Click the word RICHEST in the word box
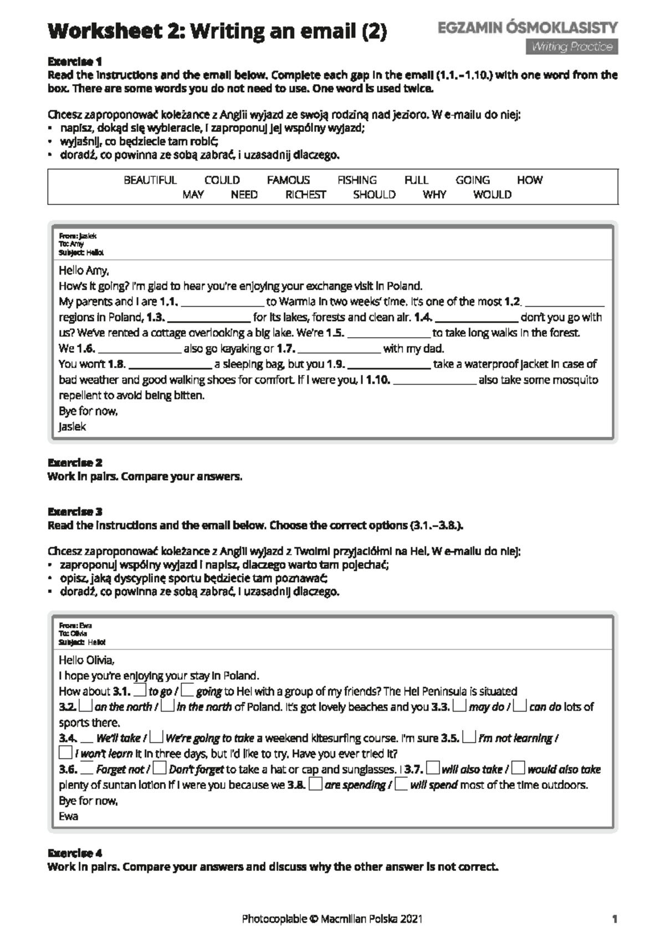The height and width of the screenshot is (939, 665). click(x=305, y=195)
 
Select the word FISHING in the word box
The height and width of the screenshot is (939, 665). click(x=357, y=180)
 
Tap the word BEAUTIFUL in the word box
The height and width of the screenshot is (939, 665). click(x=150, y=180)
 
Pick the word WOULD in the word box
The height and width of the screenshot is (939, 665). click(x=492, y=195)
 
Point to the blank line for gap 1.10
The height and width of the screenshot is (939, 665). click(x=434, y=381)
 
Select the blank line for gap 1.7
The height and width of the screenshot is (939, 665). click(x=339, y=349)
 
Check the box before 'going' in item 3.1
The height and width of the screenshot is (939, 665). click(x=187, y=691)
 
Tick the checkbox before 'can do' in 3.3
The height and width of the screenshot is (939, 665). click(x=519, y=706)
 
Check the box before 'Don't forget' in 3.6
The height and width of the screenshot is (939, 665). click(x=160, y=768)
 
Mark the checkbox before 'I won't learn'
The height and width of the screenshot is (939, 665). click(x=65, y=753)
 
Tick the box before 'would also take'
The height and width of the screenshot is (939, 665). click(x=518, y=768)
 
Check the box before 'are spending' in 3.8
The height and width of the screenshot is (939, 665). click(x=315, y=784)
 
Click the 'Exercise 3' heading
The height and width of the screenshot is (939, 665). click(x=75, y=512)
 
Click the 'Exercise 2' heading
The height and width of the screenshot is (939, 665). click(x=75, y=462)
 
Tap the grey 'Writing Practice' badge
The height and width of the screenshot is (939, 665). click(x=571, y=47)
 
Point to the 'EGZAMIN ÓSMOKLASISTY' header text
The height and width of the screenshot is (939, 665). click(x=528, y=28)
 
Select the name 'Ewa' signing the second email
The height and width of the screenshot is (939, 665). click(x=69, y=816)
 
